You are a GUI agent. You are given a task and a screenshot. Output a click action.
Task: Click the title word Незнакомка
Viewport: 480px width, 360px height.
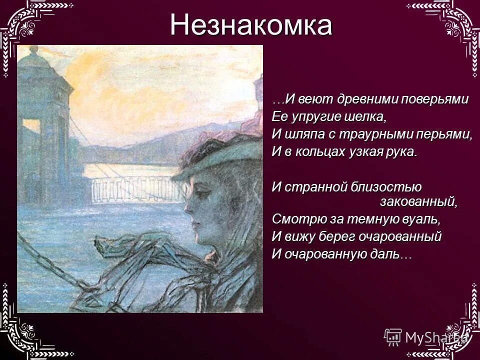coord(250,25)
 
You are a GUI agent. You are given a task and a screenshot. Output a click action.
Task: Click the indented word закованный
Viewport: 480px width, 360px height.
coord(418,202)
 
